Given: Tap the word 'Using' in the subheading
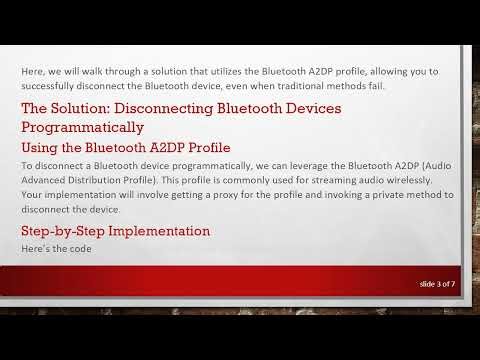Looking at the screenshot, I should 41,147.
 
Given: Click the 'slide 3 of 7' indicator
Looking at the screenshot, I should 436,285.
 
